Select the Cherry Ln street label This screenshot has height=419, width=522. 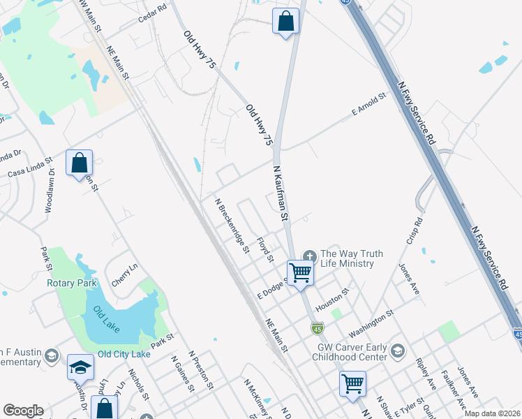pyautogui.click(x=124, y=275)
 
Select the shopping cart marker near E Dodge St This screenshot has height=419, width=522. pyautogui.click(x=300, y=272)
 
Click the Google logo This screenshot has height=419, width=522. pyautogui.click(x=23, y=411)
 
